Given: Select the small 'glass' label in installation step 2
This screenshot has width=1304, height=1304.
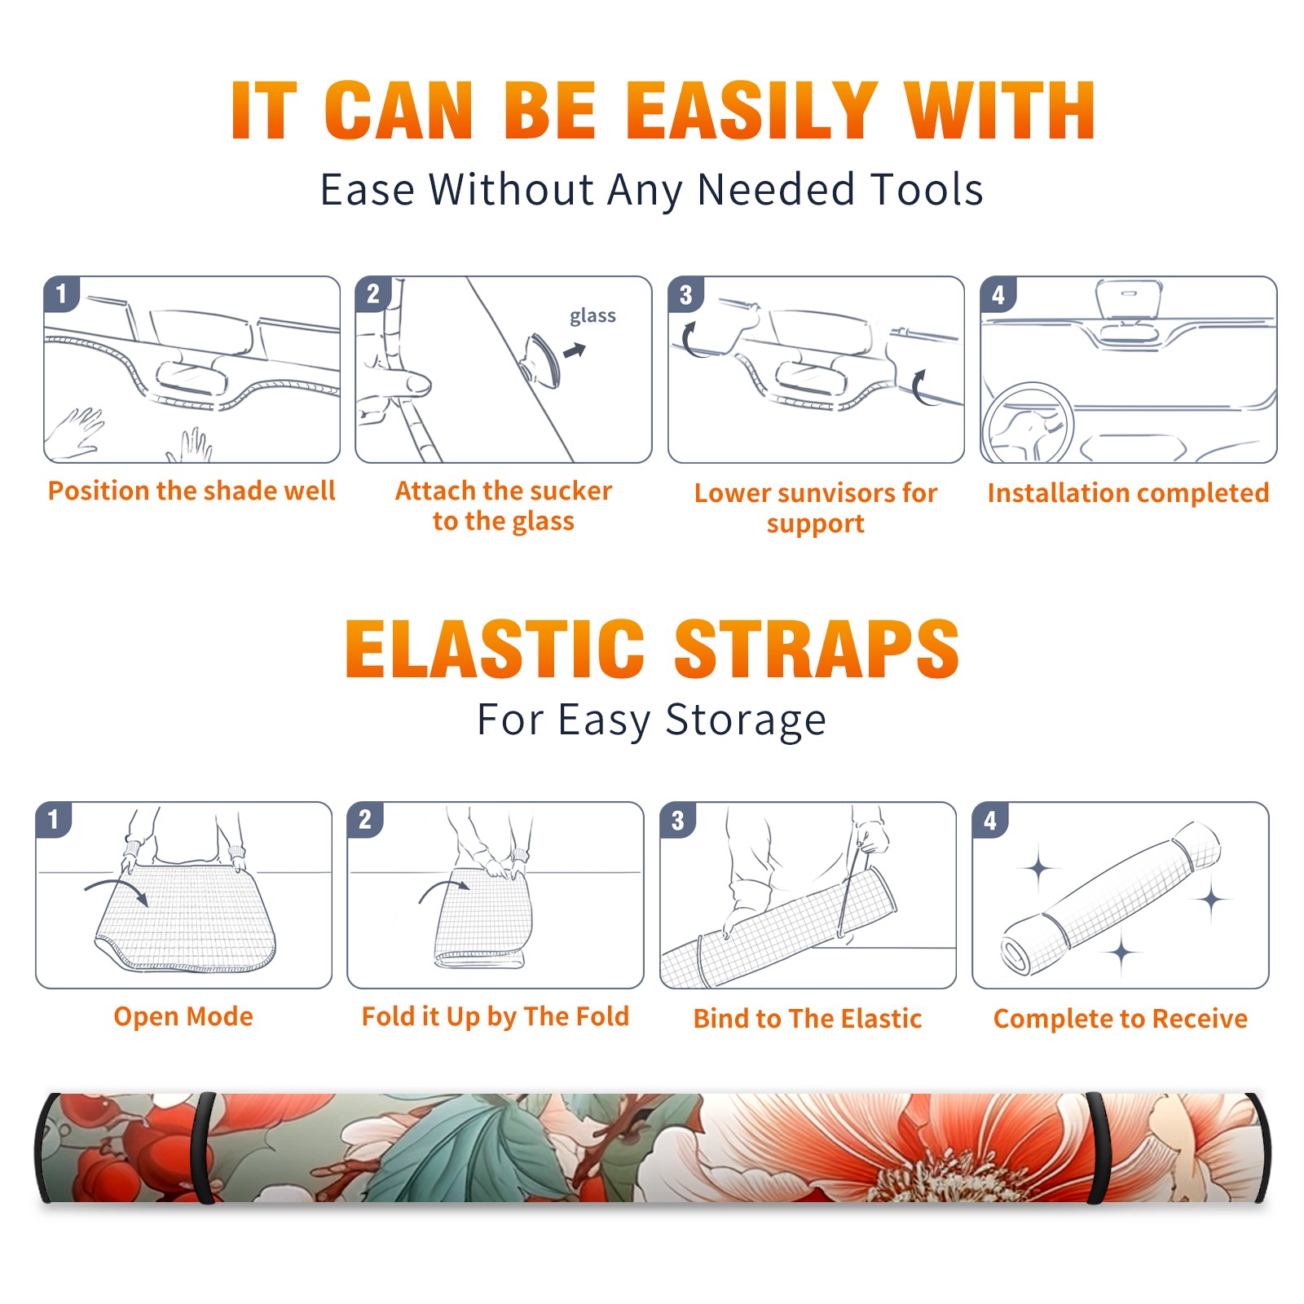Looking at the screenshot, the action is coord(593,315).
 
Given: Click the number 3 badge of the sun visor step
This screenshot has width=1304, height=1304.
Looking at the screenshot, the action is coord(685,294).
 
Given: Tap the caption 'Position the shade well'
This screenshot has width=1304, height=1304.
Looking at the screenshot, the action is coord(192,491).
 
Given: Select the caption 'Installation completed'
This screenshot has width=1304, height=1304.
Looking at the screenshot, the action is coord(1128,492).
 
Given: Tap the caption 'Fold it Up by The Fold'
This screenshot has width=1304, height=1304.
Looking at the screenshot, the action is coord(496,1016).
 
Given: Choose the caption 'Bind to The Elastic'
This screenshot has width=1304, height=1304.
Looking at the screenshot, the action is coord(807,1018).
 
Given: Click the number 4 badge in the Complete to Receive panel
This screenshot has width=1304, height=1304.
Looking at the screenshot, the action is coord(990,820).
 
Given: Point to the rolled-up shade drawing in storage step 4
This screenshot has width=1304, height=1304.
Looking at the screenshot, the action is coord(1111,898).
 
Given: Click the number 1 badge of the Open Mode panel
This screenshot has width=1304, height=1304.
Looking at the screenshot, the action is coord(53,820).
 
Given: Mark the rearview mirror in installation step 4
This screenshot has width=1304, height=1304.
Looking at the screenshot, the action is coord(1129,299).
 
